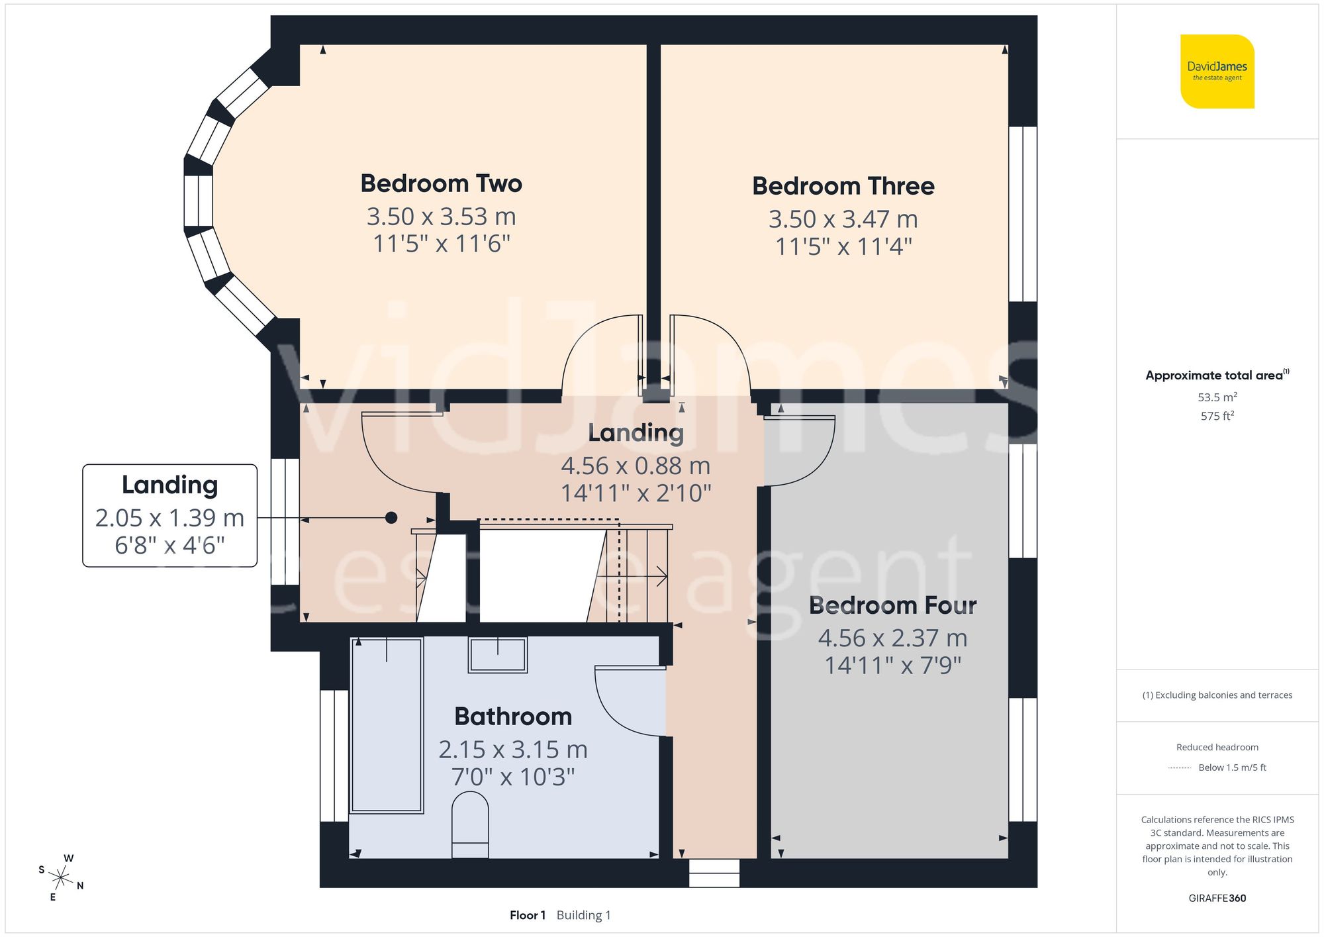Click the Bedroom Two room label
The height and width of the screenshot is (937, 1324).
[441, 183]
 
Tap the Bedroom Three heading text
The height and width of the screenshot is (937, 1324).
[843, 186]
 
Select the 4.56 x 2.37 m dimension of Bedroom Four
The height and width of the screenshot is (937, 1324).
[892, 638]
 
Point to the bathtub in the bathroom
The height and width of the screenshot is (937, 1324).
[387, 725]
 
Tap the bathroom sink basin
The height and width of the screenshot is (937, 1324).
[498, 654]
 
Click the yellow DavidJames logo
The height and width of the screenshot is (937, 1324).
[1217, 72]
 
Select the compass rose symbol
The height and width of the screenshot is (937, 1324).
[61, 879]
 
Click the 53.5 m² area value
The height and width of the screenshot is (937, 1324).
[1217, 397]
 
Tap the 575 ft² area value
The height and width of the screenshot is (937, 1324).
[1217, 416]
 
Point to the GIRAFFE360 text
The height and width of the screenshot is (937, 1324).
[1217, 899]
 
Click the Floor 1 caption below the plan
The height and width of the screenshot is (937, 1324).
[527, 915]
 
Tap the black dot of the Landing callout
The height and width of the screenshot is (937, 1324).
[391, 518]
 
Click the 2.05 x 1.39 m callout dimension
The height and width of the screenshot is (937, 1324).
[169, 518]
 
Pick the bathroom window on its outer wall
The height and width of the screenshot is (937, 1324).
[334, 756]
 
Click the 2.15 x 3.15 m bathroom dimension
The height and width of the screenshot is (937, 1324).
[513, 750]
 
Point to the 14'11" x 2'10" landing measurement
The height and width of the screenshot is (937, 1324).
[636, 493]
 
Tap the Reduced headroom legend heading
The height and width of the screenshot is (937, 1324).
[1217, 747]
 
